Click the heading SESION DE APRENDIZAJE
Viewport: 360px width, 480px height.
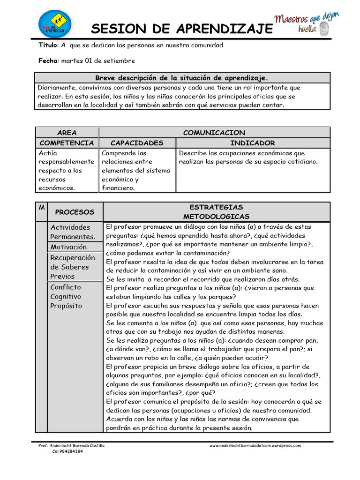(x=181, y=29)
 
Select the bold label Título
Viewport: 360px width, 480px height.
(x=48, y=45)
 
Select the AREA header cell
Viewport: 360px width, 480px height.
(x=67, y=133)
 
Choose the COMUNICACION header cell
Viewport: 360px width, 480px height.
(x=214, y=133)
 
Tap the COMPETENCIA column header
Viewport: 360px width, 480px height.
(x=67, y=143)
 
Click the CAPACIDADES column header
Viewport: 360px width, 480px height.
(x=137, y=143)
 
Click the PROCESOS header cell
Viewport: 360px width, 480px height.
(x=75, y=212)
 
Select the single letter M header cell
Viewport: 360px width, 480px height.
(x=42, y=207)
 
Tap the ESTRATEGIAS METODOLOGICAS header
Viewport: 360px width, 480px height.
(x=216, y=212)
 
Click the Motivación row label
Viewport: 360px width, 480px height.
(x=68, y=247)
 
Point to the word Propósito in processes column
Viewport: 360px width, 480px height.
(x=66, y=306)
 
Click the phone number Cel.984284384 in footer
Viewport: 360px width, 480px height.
(x=65, y=451)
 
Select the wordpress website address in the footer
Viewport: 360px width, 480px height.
(x=255, y=446)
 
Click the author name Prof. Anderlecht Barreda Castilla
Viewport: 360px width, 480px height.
(x=71, y=446)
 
